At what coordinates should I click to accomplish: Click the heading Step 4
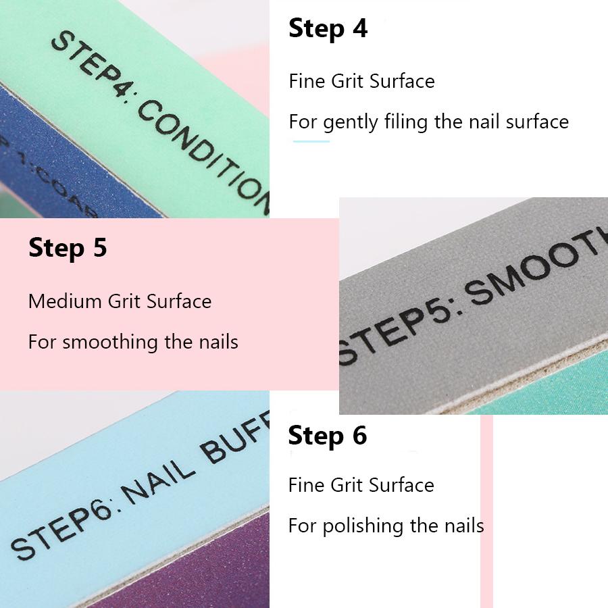328,29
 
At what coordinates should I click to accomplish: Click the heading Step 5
68,248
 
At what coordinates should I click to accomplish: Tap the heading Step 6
327,436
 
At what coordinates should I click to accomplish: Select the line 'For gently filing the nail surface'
428,122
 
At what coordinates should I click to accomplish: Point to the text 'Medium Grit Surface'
120,301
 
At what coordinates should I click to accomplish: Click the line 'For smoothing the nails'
133,342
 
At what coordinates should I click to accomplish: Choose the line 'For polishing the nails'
386,526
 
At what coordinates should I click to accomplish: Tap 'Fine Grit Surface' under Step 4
361,82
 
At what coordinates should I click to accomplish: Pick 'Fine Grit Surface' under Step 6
361,485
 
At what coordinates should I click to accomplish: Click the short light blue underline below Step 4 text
311,141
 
